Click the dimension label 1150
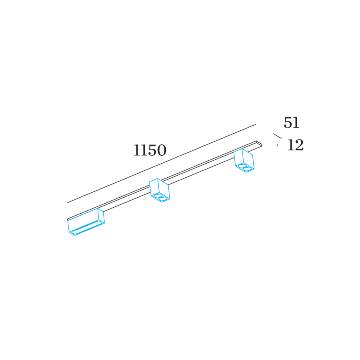[150, 150]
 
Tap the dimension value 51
[292, 122]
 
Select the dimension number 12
[296, 145]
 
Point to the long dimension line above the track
[162, 164]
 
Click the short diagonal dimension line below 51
[277, 136]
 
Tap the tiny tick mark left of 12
[277, 145]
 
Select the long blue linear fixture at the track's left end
[86, 222]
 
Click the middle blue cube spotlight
[160, 190]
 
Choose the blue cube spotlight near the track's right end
[244, 160]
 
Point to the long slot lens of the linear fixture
[86, 228]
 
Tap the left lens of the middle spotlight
[158, 196]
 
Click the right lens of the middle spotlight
[163, 199]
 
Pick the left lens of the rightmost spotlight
[242, 166]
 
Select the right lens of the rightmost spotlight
[247, 169]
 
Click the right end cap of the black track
[259, 144]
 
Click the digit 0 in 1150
[162, 150]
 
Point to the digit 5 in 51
[288, 123]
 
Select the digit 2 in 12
[299, 145]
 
